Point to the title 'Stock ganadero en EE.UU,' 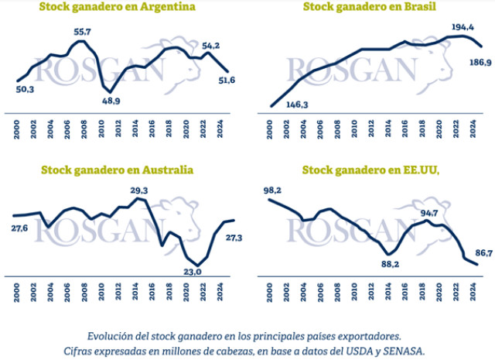(x=370, y=170)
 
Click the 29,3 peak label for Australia (x=141, y=190)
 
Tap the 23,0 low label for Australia (x=191, y=271)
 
